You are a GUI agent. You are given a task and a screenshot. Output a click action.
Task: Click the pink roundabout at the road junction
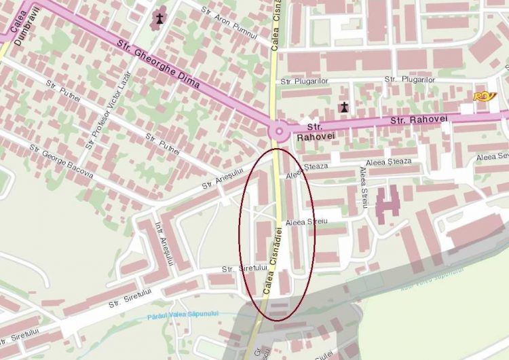click(x=278, y=130)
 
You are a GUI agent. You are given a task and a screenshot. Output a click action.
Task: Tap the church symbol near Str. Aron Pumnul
click(x=159, y=19)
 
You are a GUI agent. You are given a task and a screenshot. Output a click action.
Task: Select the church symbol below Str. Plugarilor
click(x=345, y=107)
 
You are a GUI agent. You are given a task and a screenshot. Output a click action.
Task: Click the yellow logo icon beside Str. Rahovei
click(x=485, y=96)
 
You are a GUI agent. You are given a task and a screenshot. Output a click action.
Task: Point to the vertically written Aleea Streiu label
click(x=364, y=190)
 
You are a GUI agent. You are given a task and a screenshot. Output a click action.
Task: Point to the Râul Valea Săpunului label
click(x=430, y=278)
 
